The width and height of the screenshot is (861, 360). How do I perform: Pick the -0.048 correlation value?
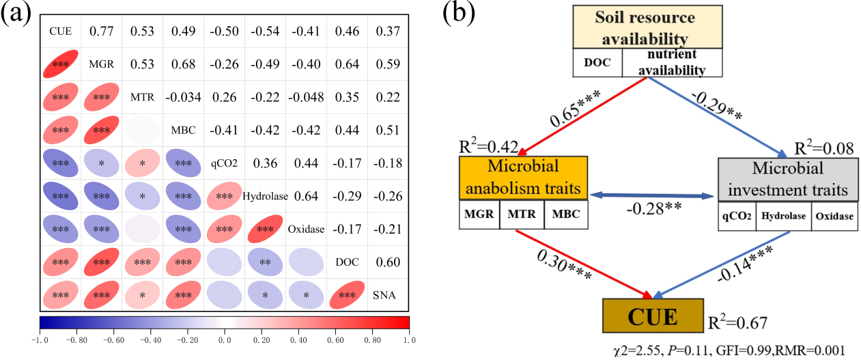(306, 97)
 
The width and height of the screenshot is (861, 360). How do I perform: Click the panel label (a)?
(16, 13)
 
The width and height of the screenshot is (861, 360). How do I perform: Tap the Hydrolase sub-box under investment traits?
(783, 214)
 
